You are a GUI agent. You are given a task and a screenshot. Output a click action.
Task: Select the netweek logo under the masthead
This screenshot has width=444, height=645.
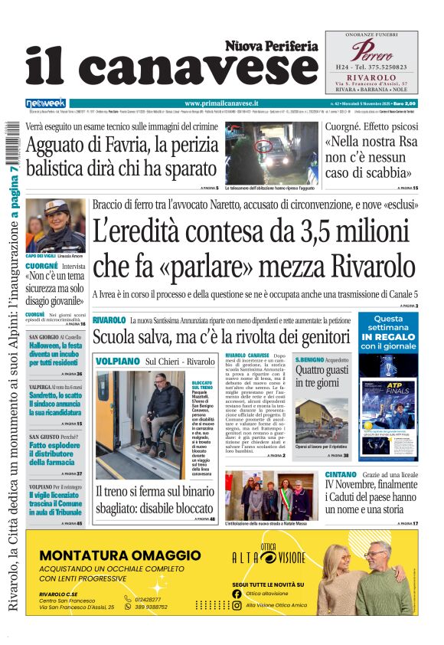[x=45, y=103]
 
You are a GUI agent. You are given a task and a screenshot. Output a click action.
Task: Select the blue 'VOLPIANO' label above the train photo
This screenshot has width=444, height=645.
[x=116, y=361]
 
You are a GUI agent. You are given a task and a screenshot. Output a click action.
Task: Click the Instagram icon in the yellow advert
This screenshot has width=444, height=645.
[x=237, y=605]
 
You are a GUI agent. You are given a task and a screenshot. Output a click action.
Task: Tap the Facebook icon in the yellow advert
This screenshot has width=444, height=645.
[x=237, y=593]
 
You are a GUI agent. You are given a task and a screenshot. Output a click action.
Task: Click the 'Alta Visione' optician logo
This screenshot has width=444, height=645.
[x=269, y=558]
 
